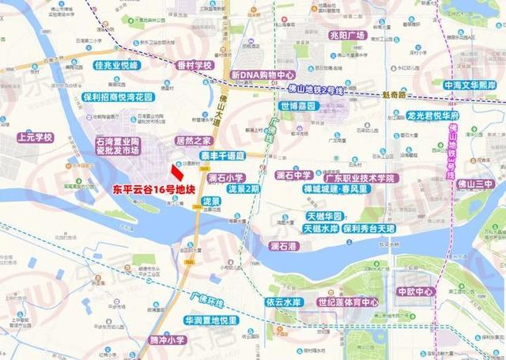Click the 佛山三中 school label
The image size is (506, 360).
(x=476, y=184)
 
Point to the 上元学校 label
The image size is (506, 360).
(x=34, y=137)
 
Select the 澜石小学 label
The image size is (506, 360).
(x=227, y=178)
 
